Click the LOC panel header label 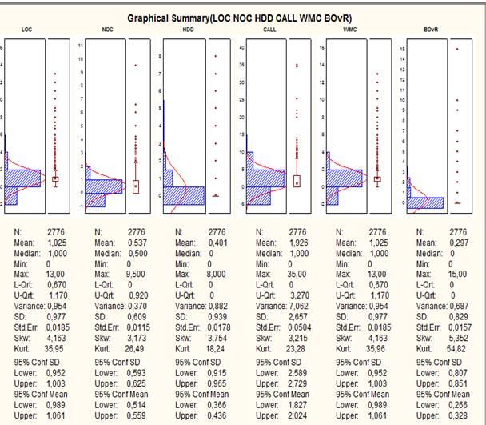(26, 30)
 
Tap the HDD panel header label (189, 30)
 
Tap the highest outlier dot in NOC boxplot (136, 65)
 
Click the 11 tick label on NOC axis (81, 47)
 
